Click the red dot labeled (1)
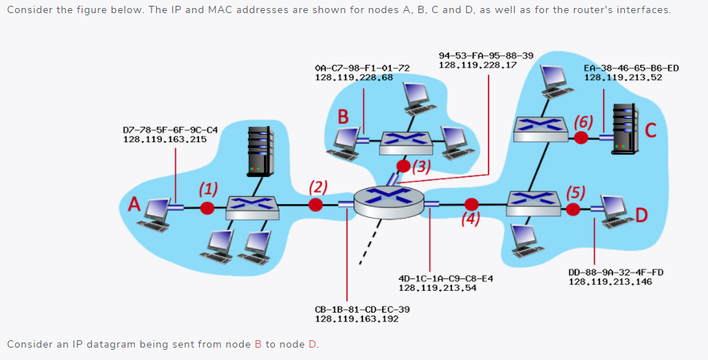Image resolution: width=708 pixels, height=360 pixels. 208,208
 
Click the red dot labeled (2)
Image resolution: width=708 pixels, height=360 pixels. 316,206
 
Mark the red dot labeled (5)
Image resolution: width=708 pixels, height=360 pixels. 573,210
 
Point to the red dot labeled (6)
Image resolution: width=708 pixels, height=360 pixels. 580,137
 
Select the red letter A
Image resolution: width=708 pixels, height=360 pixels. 134,204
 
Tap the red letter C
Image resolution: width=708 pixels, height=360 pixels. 651,130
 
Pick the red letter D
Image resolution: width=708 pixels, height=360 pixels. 641,214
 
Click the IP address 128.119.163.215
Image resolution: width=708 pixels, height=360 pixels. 165,139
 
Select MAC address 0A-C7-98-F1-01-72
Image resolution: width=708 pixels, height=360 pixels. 362,68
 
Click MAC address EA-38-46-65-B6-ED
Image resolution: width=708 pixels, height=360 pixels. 631,68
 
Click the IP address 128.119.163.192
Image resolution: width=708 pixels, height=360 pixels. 357,318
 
